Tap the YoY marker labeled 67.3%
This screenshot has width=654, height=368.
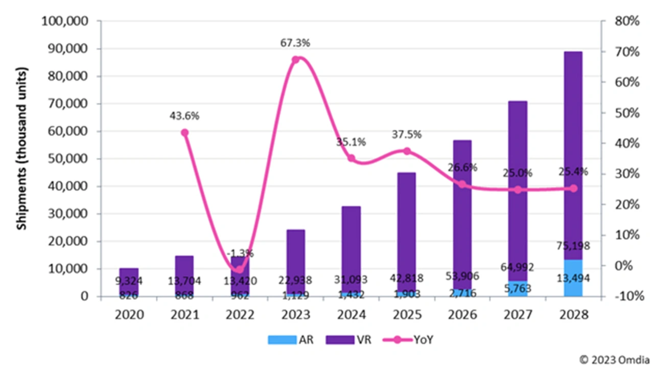point(295,60)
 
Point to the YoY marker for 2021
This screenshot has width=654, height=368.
point(184,133)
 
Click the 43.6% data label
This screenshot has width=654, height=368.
point(184,116)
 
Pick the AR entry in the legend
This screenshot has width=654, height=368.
point(289,339)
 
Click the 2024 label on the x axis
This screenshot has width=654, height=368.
point(351,314)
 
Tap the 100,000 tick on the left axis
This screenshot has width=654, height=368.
point(66,21)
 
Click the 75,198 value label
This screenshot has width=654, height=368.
point(573,247)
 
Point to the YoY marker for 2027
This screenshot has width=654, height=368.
point(518,190)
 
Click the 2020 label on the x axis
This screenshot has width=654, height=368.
point(129,314)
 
